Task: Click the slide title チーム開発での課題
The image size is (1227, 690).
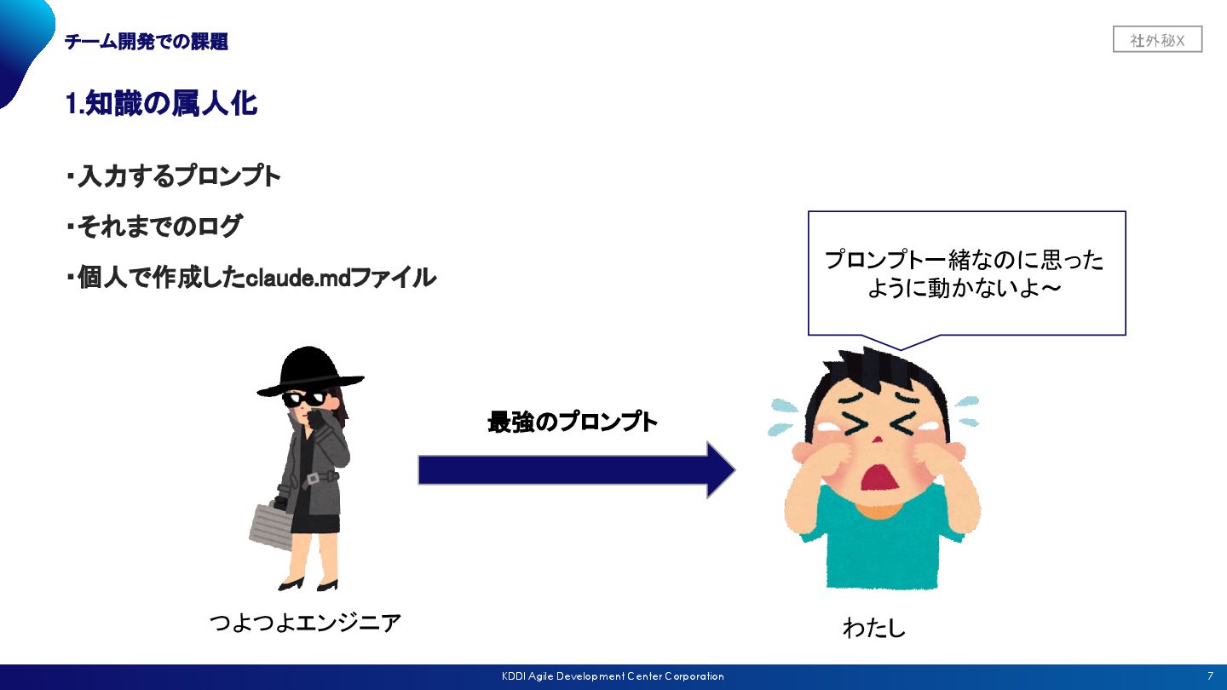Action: (147, 42)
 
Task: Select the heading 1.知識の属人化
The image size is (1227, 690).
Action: (161, 104)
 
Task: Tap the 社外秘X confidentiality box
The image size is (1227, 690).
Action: (1156, 40)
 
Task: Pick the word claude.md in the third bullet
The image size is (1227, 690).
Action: (293, 278)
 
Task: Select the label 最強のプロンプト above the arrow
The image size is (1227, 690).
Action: (573, 423)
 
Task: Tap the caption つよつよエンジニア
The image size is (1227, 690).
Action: (304, 623)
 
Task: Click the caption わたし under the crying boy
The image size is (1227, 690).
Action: (873, 629)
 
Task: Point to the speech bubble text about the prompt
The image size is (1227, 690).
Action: (965, 273)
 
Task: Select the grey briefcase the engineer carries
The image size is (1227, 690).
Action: (271, 525)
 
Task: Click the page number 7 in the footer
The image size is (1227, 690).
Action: (1210, 676)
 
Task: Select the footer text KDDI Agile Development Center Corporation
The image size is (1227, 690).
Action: (613, 676)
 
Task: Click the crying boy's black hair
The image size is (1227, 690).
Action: (878, 375)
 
